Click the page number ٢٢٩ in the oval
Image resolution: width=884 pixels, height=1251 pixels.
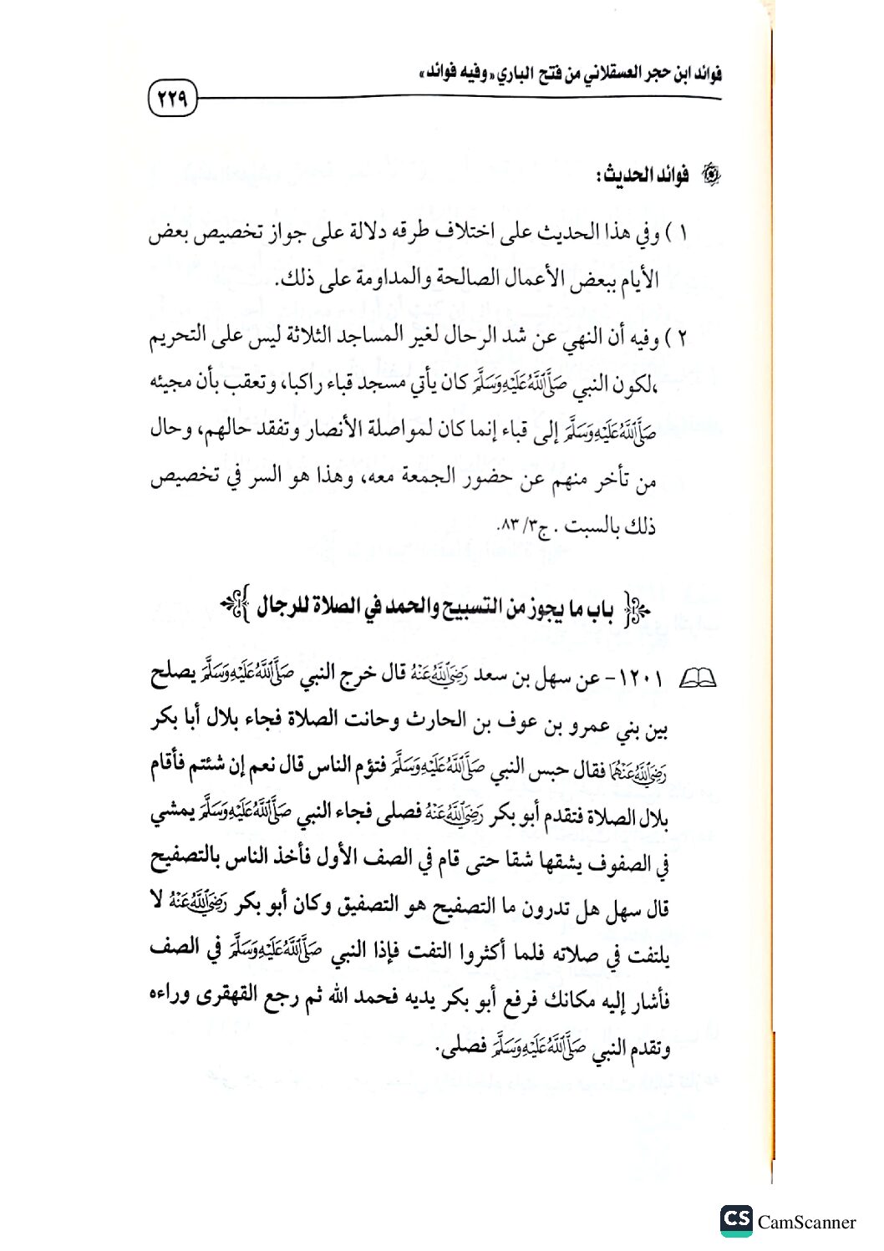171,99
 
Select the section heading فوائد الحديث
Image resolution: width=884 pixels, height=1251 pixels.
640,177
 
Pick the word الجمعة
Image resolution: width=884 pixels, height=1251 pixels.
418,478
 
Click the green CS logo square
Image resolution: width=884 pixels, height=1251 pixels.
736,1220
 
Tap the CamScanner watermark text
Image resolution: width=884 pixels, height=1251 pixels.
806,1223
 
